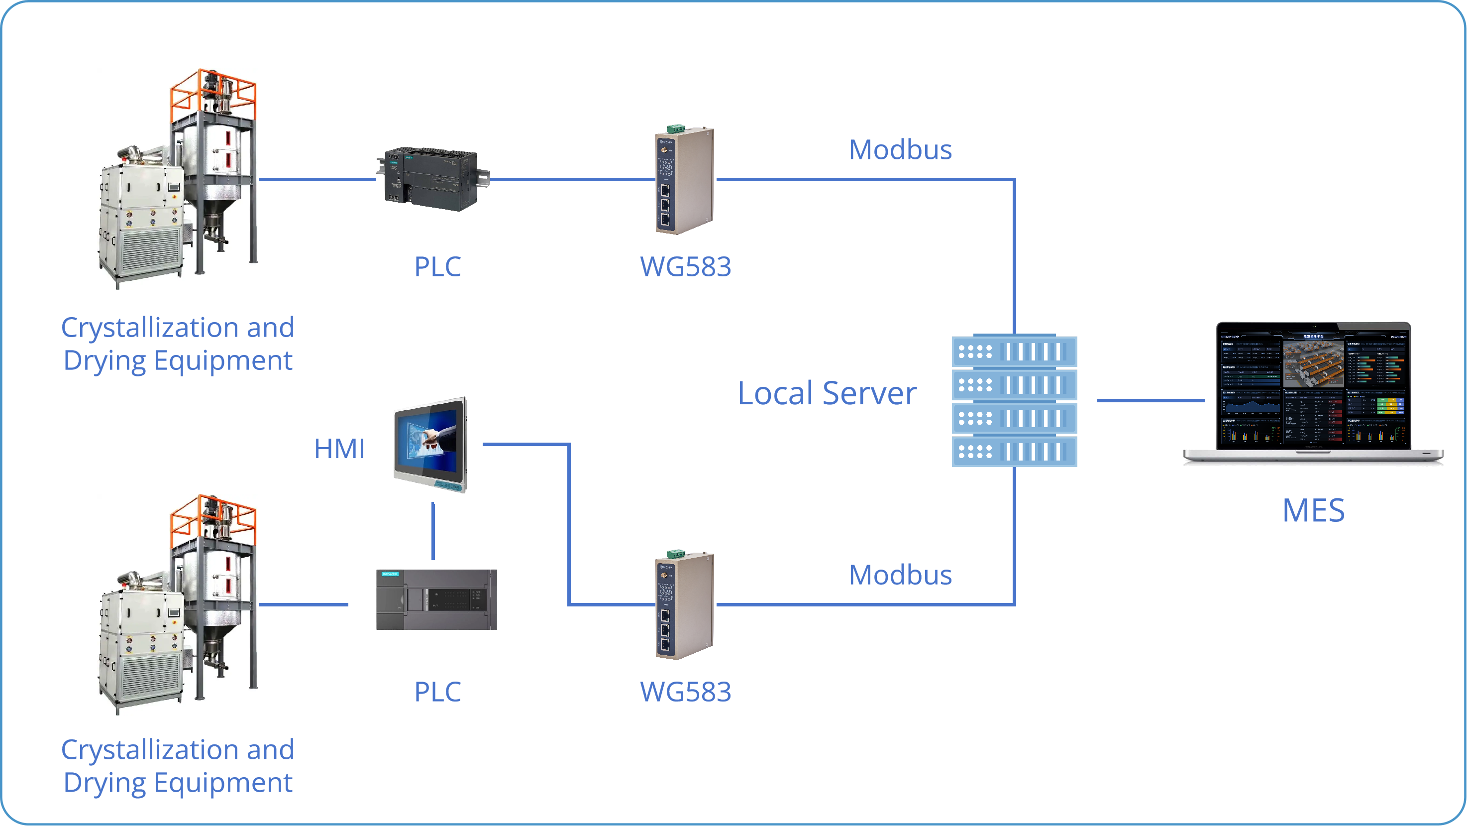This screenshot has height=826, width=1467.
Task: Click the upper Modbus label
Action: click(900, 150)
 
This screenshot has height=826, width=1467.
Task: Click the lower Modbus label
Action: click(900, 575)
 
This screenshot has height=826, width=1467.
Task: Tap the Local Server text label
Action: click(827, 393)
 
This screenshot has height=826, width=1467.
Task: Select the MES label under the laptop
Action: click(1313, 510)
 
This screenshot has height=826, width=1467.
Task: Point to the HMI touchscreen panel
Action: click(431, 444)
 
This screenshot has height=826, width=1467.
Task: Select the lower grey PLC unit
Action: click(436, 599)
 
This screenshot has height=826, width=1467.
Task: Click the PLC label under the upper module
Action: click(437, 266)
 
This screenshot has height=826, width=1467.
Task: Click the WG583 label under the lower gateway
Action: click(686, 692)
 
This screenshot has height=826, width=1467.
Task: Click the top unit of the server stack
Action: click(1014, 352)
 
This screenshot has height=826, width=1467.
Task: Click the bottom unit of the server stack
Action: click(1014, 452)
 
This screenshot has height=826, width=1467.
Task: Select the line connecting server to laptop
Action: click(1151, 400)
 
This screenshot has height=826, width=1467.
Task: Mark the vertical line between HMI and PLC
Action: click(433, 531)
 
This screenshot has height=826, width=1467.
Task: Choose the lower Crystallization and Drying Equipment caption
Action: click(178, 766)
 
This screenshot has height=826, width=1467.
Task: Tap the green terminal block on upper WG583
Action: click(676, 128)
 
